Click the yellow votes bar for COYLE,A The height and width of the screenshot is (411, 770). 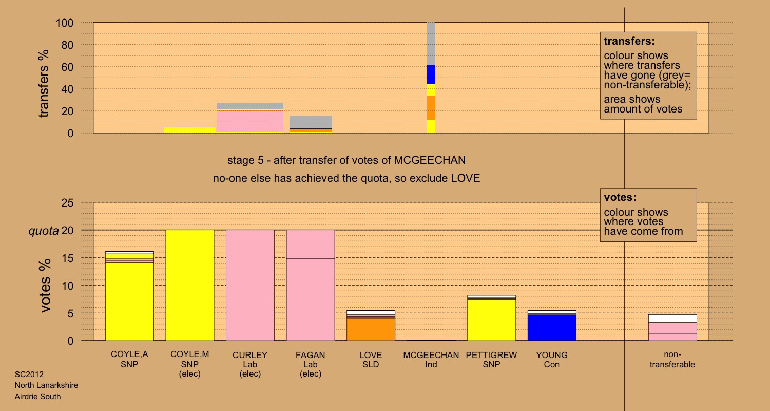129,303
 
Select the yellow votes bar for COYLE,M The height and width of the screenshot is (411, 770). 189,285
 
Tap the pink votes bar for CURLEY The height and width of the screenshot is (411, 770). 250,285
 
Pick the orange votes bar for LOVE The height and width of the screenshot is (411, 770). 371,329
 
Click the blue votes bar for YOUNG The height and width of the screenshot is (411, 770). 552,327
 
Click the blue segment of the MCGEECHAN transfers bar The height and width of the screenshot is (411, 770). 431,75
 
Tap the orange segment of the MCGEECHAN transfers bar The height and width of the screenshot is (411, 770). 431,107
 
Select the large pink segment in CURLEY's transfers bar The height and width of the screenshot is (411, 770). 250,121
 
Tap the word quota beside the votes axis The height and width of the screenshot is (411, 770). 43,231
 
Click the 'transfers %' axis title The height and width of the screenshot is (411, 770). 45,83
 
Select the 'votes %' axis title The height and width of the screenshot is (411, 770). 46,286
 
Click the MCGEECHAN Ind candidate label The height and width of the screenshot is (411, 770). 431,360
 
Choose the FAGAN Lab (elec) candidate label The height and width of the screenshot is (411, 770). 310,364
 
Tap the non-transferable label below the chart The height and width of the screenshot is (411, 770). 672,360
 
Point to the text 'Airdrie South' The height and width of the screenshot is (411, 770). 38,396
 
